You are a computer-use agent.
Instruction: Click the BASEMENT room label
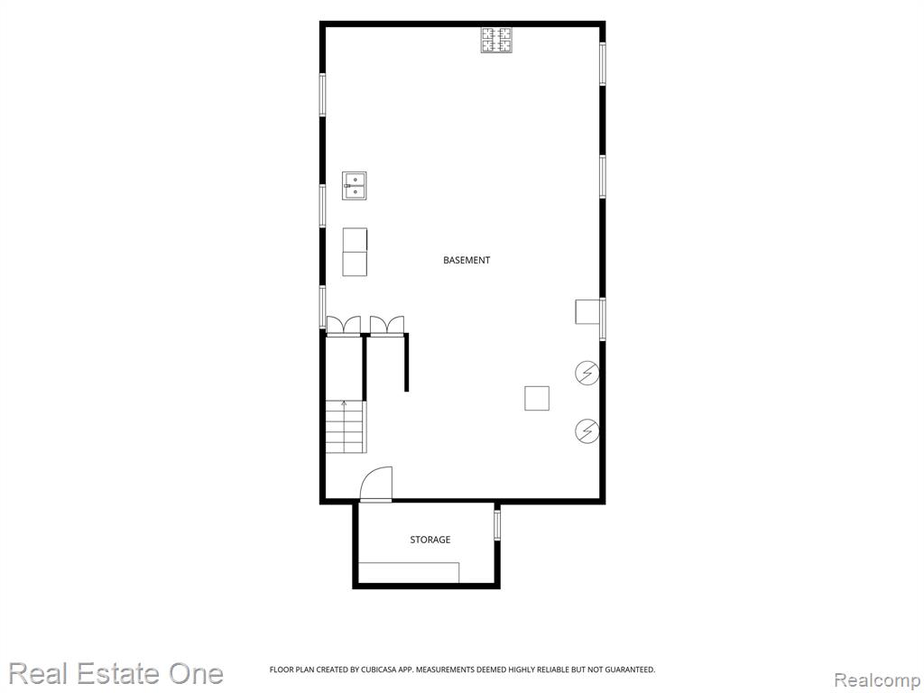coord(467,260)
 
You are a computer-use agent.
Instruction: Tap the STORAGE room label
coord(430,540)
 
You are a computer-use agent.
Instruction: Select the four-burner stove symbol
coord(495,40)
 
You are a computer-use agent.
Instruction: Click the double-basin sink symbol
coord(354,186)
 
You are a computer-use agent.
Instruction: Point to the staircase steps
coord(346,427)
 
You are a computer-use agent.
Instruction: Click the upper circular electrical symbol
coord(587,373)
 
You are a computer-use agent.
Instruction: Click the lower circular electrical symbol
coord(587,430)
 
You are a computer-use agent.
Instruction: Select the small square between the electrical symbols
coord(537,398)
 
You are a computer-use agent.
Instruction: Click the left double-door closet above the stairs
coord(344,326)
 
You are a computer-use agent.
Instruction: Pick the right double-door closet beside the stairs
coord(387,326)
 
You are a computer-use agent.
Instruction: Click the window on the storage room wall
coord(497,524)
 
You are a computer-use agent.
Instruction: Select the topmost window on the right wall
coord(602,63)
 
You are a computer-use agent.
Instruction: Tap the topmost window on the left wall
coord(322,94)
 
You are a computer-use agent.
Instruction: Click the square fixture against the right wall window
coord(587,311)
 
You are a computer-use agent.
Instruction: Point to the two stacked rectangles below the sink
coord(355,252)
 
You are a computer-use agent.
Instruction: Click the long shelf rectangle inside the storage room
coord(409,572)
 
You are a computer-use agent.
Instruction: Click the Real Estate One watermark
coord(116,673)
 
